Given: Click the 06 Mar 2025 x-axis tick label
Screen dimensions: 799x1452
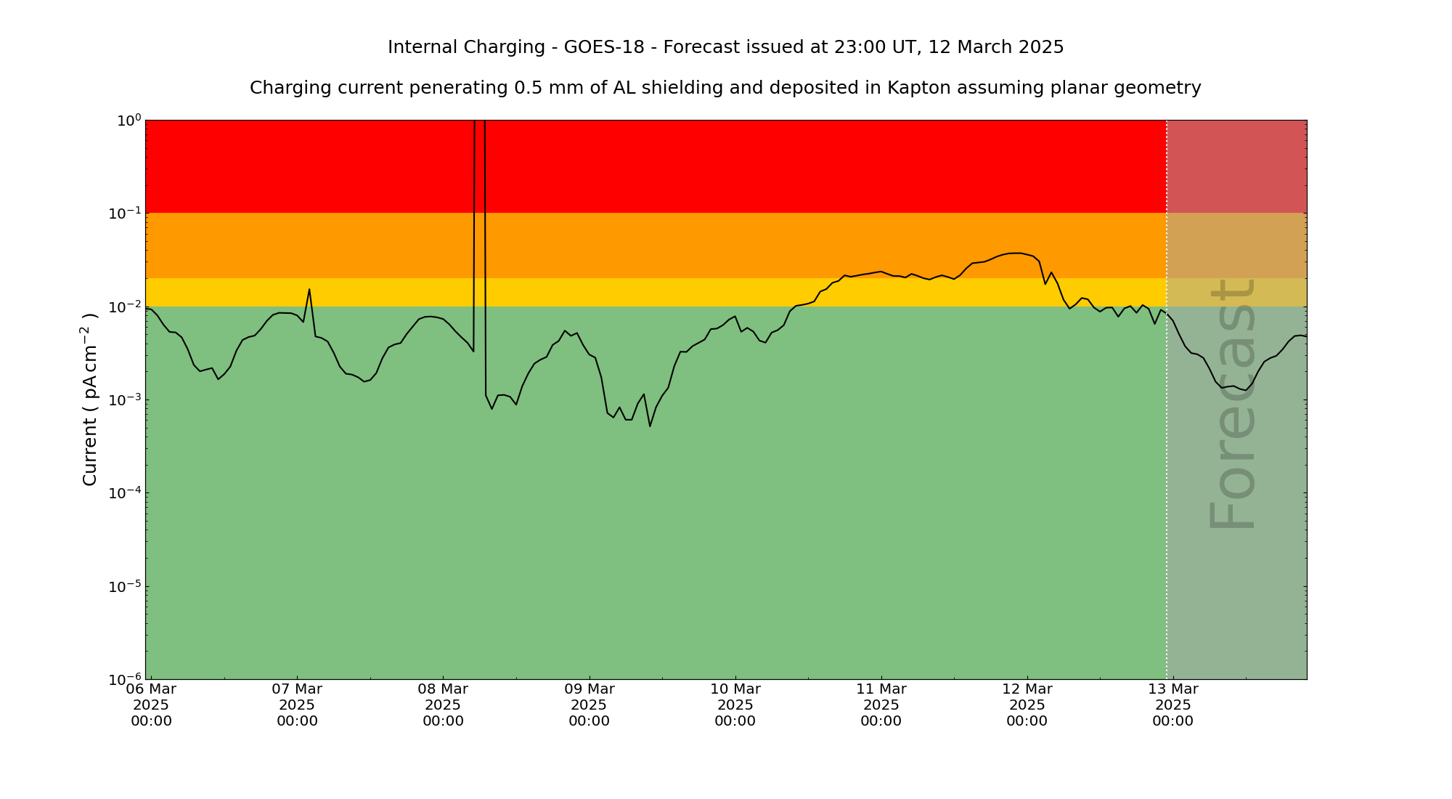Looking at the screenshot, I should pyautogui.click(x=151, y=705).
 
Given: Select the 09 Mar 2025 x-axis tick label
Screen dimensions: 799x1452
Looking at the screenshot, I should pyautogui.click(x=589, y=705).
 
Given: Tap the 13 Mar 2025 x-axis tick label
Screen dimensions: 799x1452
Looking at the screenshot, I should pyautogui.click(x=1172, y=705).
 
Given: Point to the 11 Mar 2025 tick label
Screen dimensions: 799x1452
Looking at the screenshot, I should pyautogui.click(x=881, y=705).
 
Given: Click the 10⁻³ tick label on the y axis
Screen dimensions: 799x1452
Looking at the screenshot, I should pyautogui.click(x=129, y=399).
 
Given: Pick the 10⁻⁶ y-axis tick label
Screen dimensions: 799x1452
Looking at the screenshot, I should pyautogui.click(x=129, y=679).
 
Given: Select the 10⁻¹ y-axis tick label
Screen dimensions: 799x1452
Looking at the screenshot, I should pyautogui.click(x=129, y=213).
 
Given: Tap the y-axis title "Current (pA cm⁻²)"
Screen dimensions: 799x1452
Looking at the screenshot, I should pyautogui.click(x=90, y=399).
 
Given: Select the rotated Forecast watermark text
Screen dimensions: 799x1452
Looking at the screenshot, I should pyautogui.click(x=1232, y=404).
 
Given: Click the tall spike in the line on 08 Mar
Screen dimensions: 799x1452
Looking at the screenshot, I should pyautogui.click(x=479, y=145).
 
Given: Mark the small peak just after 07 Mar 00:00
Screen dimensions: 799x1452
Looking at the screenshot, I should pyautogui.click(x=309, y=290).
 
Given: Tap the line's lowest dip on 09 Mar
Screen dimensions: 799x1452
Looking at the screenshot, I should pyautogui.click(x=650, y=426).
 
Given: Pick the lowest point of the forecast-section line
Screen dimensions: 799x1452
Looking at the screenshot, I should pyautogui.click(x=1246, y=391).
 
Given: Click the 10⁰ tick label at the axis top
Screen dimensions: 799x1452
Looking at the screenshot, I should pyautogui.click(x=129, y=120).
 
